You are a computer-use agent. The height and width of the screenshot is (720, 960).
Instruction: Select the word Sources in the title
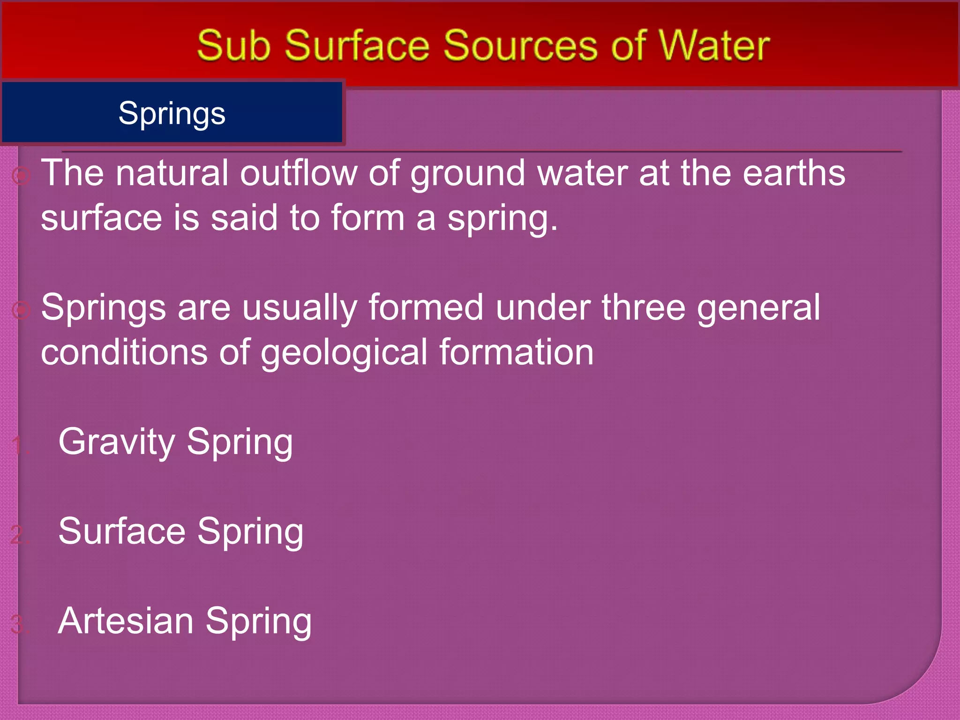click(520, 45)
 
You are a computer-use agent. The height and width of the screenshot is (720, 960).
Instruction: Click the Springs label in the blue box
click(172, 113)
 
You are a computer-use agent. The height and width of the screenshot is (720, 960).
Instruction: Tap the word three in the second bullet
click(644, 307)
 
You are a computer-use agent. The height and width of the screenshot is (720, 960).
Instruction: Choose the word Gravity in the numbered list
click(117, 442)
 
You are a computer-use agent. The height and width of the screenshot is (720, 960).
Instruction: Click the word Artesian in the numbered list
click(126, 621)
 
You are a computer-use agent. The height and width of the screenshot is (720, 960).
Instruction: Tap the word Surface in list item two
click(122, 531)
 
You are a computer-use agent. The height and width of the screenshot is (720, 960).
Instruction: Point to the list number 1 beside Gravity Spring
click(19, 445)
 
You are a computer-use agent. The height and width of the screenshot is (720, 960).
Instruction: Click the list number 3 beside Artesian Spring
click(19, 625)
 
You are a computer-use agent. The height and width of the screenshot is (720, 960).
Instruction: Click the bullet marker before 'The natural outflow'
click(22, 176)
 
